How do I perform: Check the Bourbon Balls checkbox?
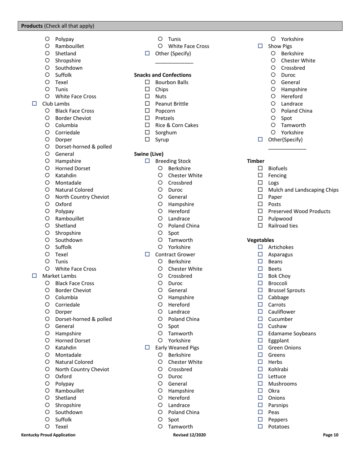(147, 82)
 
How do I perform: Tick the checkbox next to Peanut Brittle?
(147, 104)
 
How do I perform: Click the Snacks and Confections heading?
(163, 75)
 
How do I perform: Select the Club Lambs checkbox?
(34, 103)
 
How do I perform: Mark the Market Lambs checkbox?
(34, 276)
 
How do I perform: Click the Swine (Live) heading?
(149, 154)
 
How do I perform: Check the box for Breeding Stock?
(147, 161)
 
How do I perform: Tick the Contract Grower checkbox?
(147, 254)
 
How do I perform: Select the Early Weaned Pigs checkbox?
(147, 347)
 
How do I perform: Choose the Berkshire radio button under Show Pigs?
(273, 53)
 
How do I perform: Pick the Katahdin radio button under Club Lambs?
(47, 175)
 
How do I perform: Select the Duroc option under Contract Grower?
(160, 283)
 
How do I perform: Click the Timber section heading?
(256, 161)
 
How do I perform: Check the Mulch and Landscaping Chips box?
(260, 190)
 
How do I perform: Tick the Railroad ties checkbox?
(260, 226)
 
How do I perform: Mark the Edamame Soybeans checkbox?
(260, 333)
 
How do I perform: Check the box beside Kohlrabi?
(260, 369)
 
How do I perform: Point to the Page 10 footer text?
(330, 435)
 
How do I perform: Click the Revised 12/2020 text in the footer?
(189, 435)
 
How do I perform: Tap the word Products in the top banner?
(32, 26)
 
